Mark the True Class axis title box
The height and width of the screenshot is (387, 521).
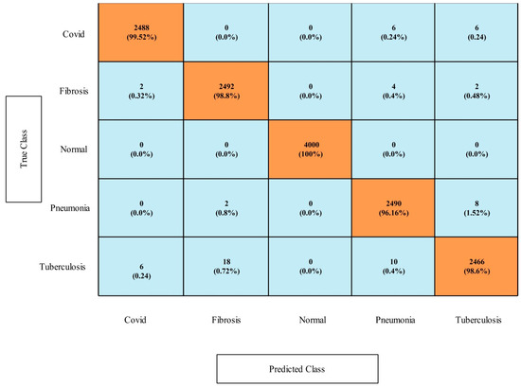click(x=27, y=148)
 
